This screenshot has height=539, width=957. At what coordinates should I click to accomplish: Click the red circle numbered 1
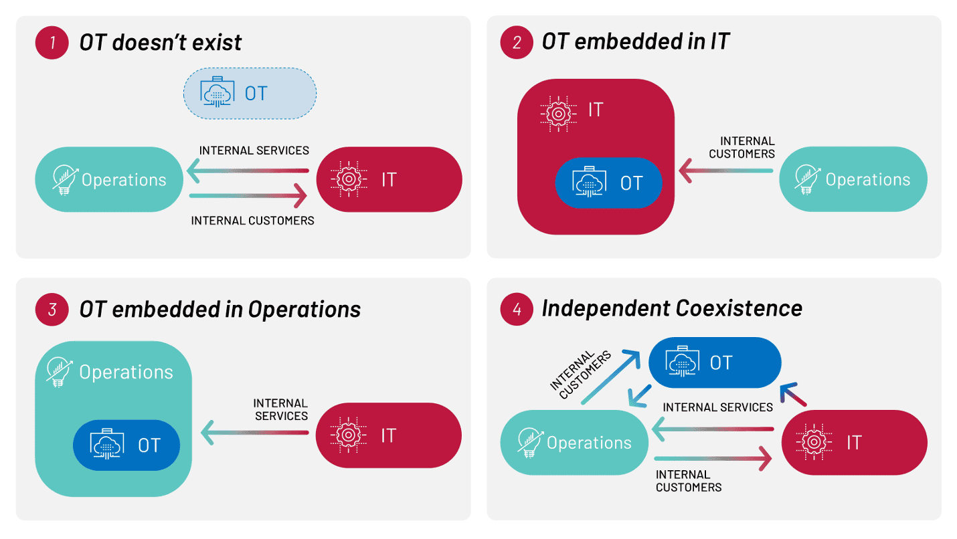52,43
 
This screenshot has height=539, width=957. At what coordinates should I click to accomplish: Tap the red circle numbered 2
517,42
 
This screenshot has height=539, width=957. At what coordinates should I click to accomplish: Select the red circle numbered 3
52,310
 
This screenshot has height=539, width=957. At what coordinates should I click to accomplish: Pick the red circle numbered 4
517,309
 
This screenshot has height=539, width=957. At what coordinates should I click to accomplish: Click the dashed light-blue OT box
250,94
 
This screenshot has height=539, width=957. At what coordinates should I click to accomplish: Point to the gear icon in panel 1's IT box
349,179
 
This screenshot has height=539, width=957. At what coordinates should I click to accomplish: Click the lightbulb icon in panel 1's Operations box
64,180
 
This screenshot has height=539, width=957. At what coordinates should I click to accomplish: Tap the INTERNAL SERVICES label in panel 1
254,150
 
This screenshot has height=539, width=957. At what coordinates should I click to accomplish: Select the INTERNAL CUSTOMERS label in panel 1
252,221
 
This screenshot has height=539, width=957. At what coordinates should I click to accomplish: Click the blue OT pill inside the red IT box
608,183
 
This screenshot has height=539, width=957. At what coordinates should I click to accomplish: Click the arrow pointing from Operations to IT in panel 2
726,171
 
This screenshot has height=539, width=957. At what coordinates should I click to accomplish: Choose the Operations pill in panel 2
853,179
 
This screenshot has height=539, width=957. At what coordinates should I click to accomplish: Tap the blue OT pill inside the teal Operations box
126,445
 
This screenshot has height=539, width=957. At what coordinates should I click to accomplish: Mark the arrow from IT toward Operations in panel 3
254,433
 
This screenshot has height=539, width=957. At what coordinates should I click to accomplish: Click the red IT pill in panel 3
389,435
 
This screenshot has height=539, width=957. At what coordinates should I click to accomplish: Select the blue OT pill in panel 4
715,362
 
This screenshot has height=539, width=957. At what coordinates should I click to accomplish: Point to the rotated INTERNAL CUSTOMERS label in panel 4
581,374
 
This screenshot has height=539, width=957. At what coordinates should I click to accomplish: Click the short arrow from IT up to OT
793,394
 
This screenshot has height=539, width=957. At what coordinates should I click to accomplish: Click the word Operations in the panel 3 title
304,310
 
